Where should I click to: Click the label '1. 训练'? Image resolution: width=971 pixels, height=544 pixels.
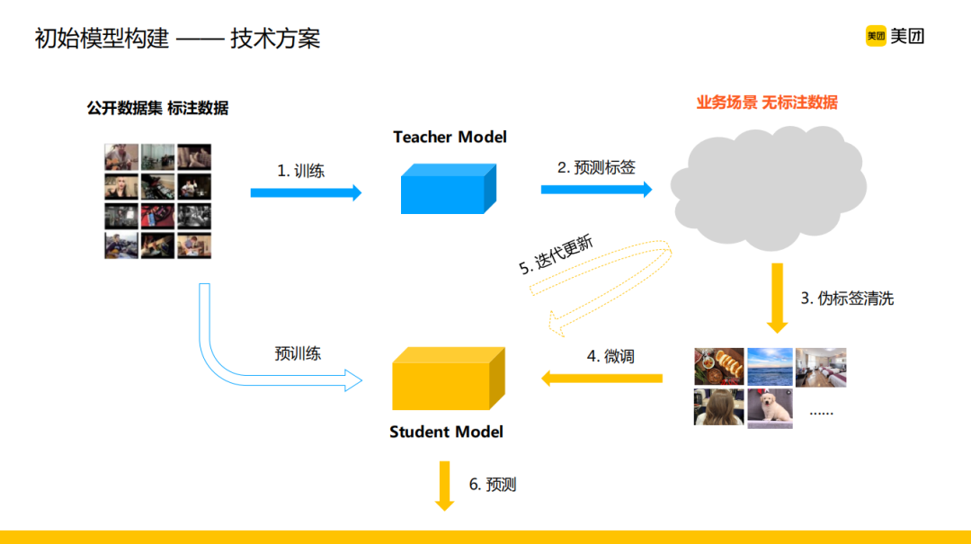300,171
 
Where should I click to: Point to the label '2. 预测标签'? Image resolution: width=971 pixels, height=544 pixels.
596,167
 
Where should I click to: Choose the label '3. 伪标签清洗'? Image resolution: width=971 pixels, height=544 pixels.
847,299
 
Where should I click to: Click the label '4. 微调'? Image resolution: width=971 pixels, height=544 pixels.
610,356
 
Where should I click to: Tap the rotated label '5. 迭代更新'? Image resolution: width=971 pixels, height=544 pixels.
556,254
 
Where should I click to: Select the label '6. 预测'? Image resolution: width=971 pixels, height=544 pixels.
493,485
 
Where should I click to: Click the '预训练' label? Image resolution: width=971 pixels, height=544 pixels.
298,353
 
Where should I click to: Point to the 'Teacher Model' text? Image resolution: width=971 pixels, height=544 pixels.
450,137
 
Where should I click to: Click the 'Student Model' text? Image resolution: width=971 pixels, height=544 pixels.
446,432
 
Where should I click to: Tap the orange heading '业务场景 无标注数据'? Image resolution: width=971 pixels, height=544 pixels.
767,103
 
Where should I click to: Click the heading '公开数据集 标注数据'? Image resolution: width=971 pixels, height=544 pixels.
157,108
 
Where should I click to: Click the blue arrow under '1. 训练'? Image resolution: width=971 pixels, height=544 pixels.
306,192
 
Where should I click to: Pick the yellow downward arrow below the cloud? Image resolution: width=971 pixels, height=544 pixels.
777,298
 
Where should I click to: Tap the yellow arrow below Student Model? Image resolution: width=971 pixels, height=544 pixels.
444,486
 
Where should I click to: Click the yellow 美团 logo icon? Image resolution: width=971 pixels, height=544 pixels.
876,36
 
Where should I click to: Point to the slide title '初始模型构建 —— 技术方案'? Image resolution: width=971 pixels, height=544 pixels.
177,39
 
